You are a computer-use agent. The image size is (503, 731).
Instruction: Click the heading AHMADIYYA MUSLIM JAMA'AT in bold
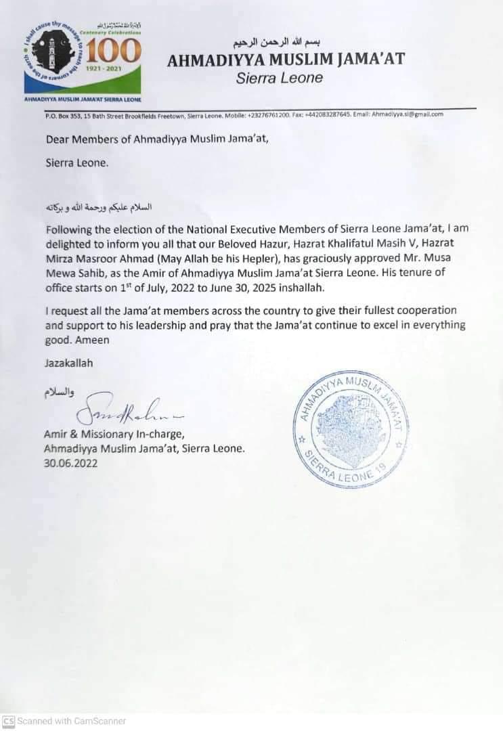pyautogui.click(x=286, y=60)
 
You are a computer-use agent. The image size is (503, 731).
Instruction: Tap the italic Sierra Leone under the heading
pyautogui.click(x=280, y=78)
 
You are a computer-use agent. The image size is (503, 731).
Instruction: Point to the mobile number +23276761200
pyautogui.click(x=267, y=114)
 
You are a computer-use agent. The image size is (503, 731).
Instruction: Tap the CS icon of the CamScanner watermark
pyautogui.click(x=8, y=721)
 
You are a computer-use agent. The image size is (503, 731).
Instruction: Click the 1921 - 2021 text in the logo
pyautogui.click(x=111, y=69)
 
